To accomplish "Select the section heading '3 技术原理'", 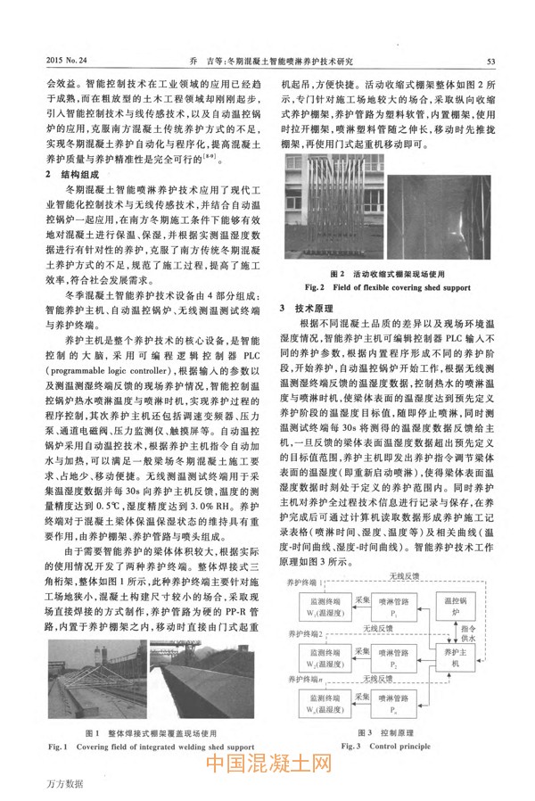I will (x=308, y=307).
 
